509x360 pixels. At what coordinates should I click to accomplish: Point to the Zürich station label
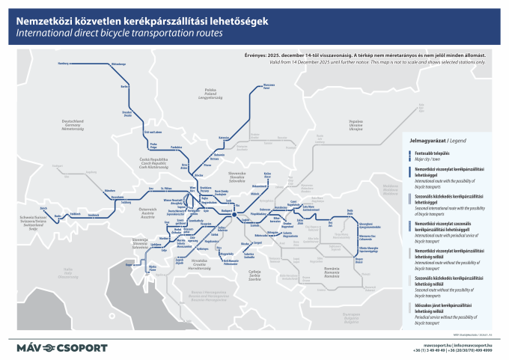pos(45,206)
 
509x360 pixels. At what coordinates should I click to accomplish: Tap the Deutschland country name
pos(73,125)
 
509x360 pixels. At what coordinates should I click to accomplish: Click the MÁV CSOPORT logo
pos(62,347)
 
